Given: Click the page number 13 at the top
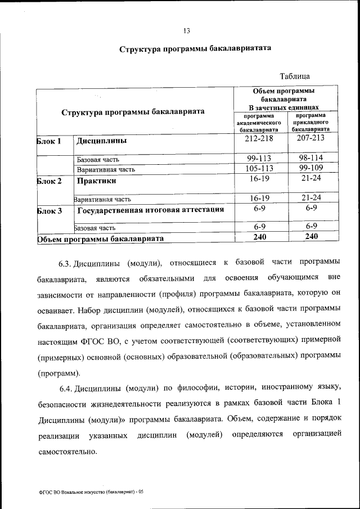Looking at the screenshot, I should coord(187,30).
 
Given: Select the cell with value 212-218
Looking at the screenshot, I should coord(259,138).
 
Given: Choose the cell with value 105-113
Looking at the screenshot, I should coord(259,168).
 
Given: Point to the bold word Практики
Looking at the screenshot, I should coord(97,181).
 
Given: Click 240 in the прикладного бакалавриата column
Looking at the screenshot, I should coord(311,237).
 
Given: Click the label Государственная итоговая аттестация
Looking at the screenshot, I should coord(151,210).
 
